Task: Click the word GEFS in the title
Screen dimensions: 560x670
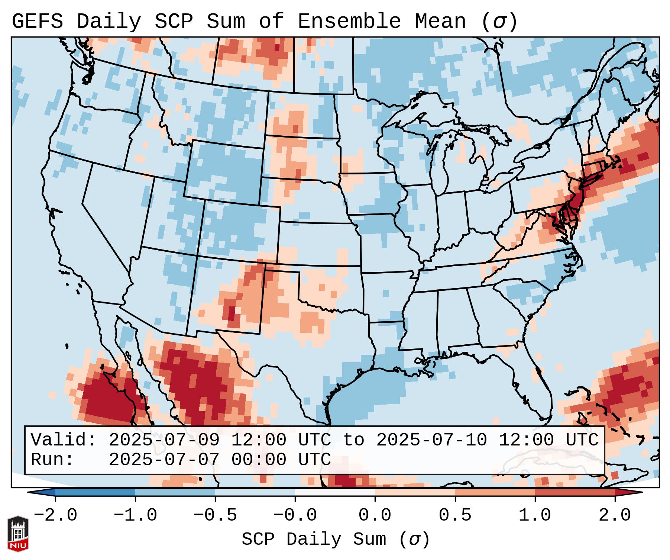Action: [37, 22]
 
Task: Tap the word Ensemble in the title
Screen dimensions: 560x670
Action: [349, 22]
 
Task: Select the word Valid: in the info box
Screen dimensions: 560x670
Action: [64, 440]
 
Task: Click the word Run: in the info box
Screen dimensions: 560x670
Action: [52, 460]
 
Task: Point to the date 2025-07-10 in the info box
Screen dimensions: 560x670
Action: [431, 440]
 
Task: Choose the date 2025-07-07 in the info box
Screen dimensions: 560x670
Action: [164, 460]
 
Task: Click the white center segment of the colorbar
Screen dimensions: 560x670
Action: [335, 492]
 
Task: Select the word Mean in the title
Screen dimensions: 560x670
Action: [440, 22]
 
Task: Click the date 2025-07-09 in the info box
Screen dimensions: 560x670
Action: [164, 440]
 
